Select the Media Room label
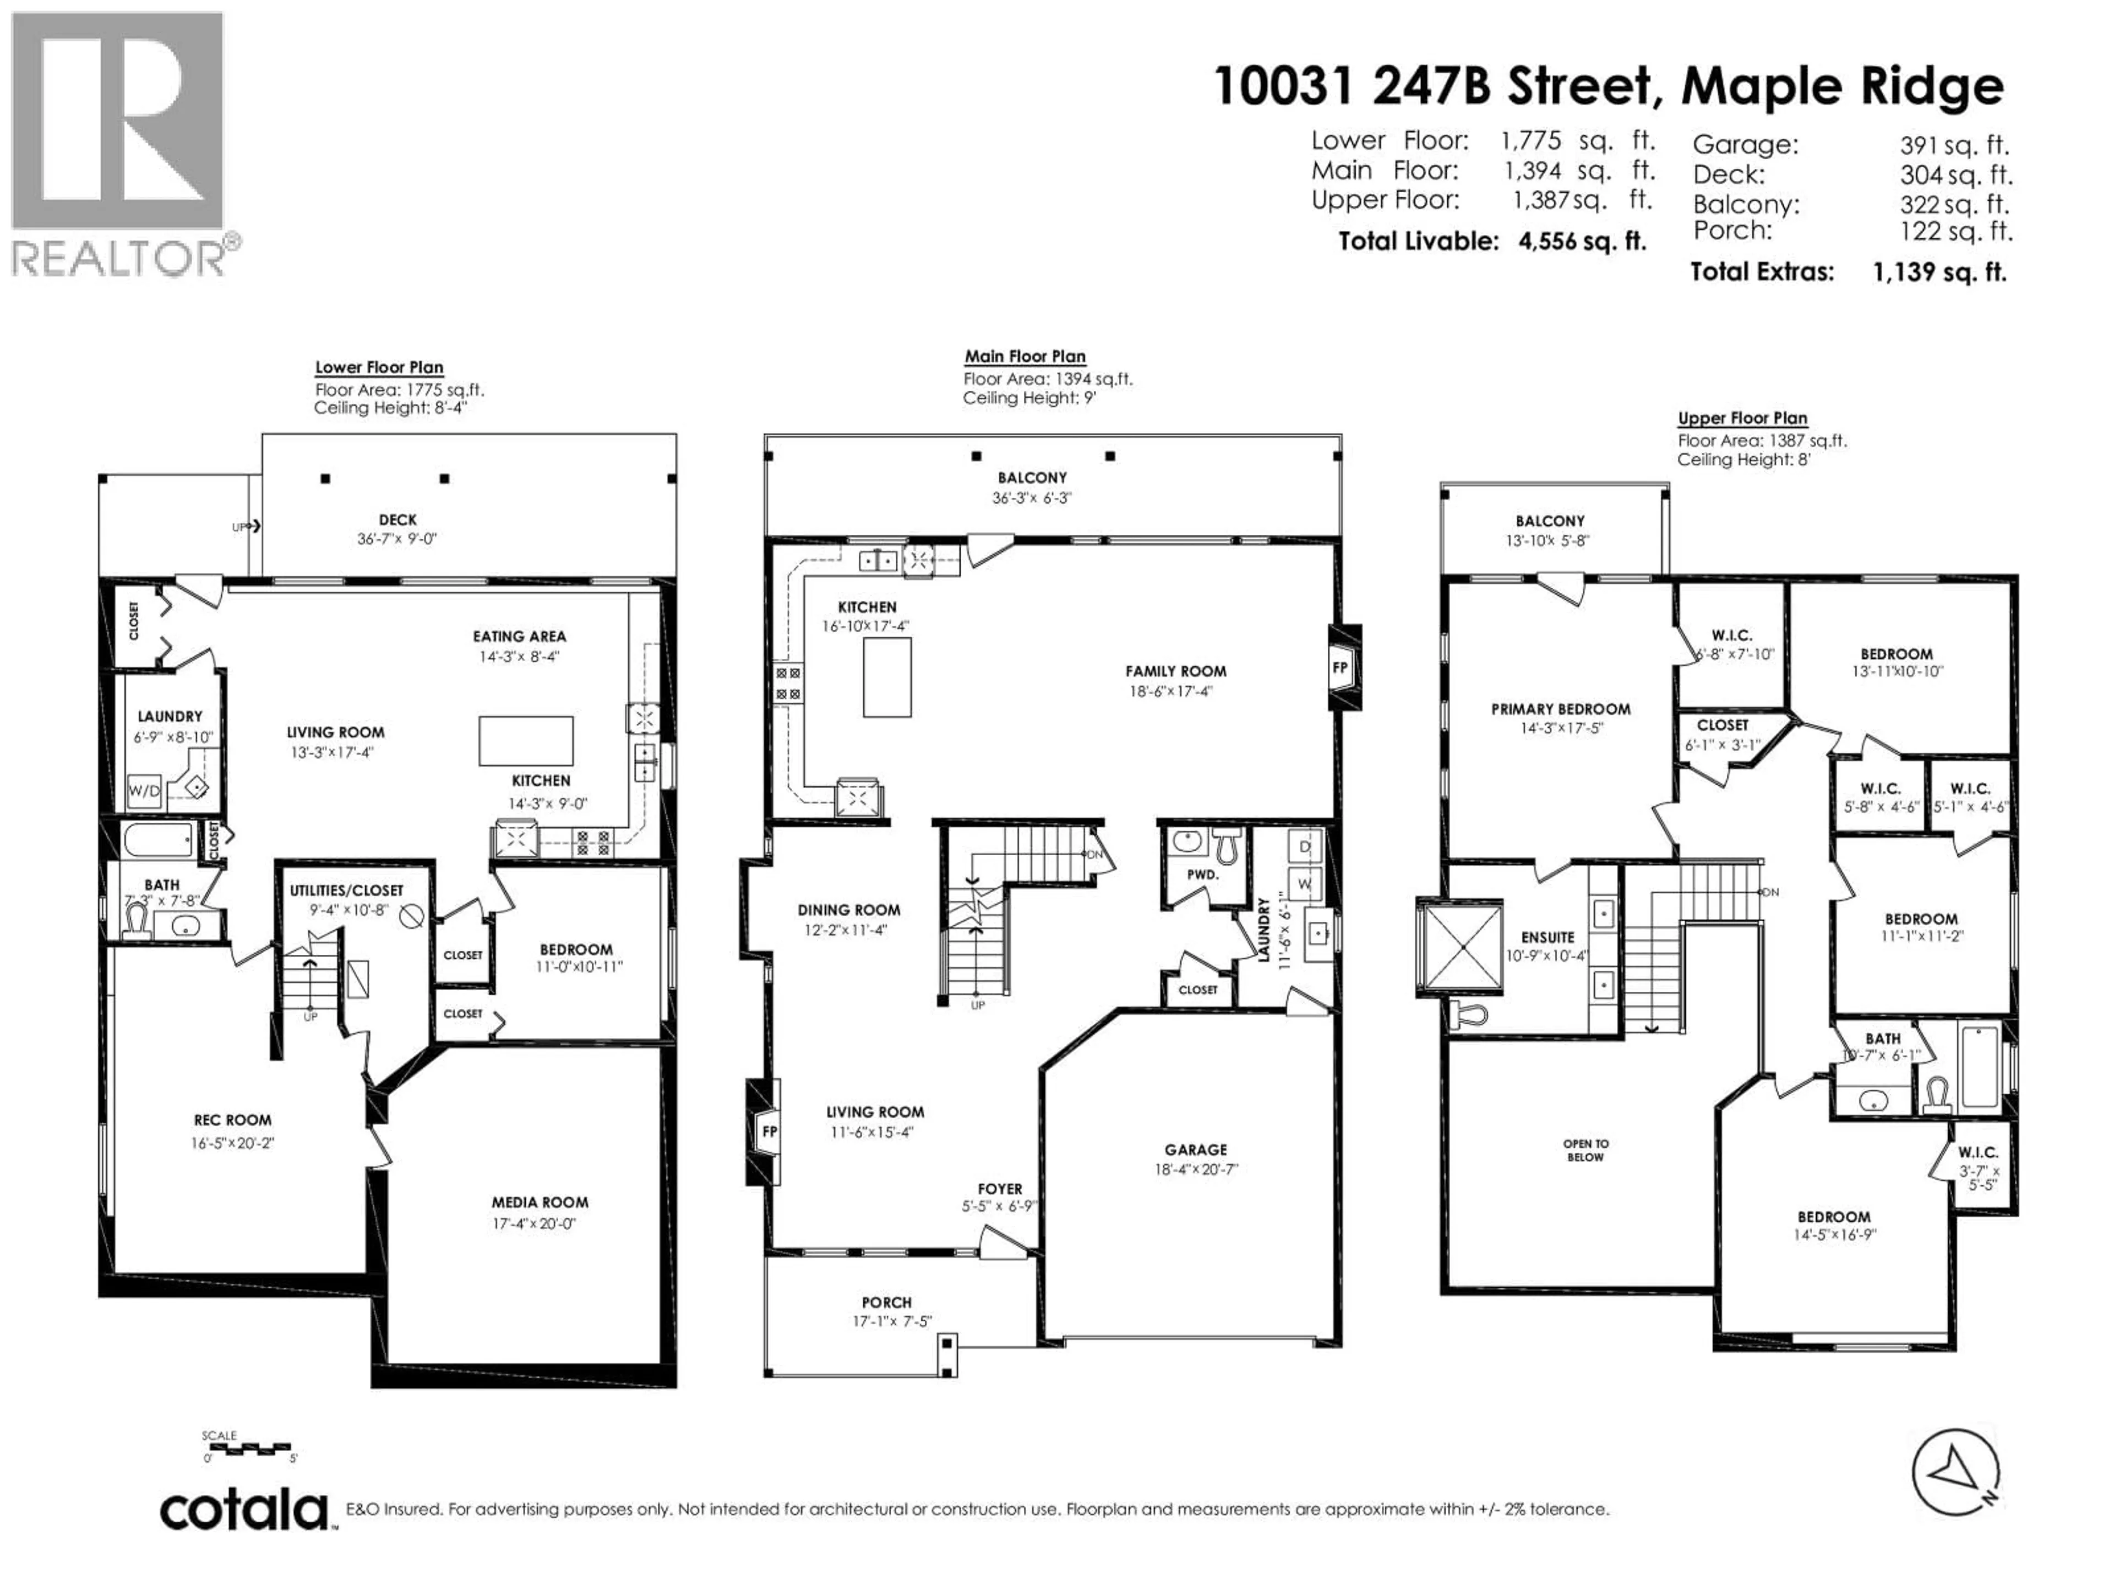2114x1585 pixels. tap(540, 1202)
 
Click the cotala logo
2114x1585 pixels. tap(244, 1511)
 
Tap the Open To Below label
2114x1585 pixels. tap(1585, 1149)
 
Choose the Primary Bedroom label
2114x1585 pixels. tap(1560, 709)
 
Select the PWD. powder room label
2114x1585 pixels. tap(1202, 874)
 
